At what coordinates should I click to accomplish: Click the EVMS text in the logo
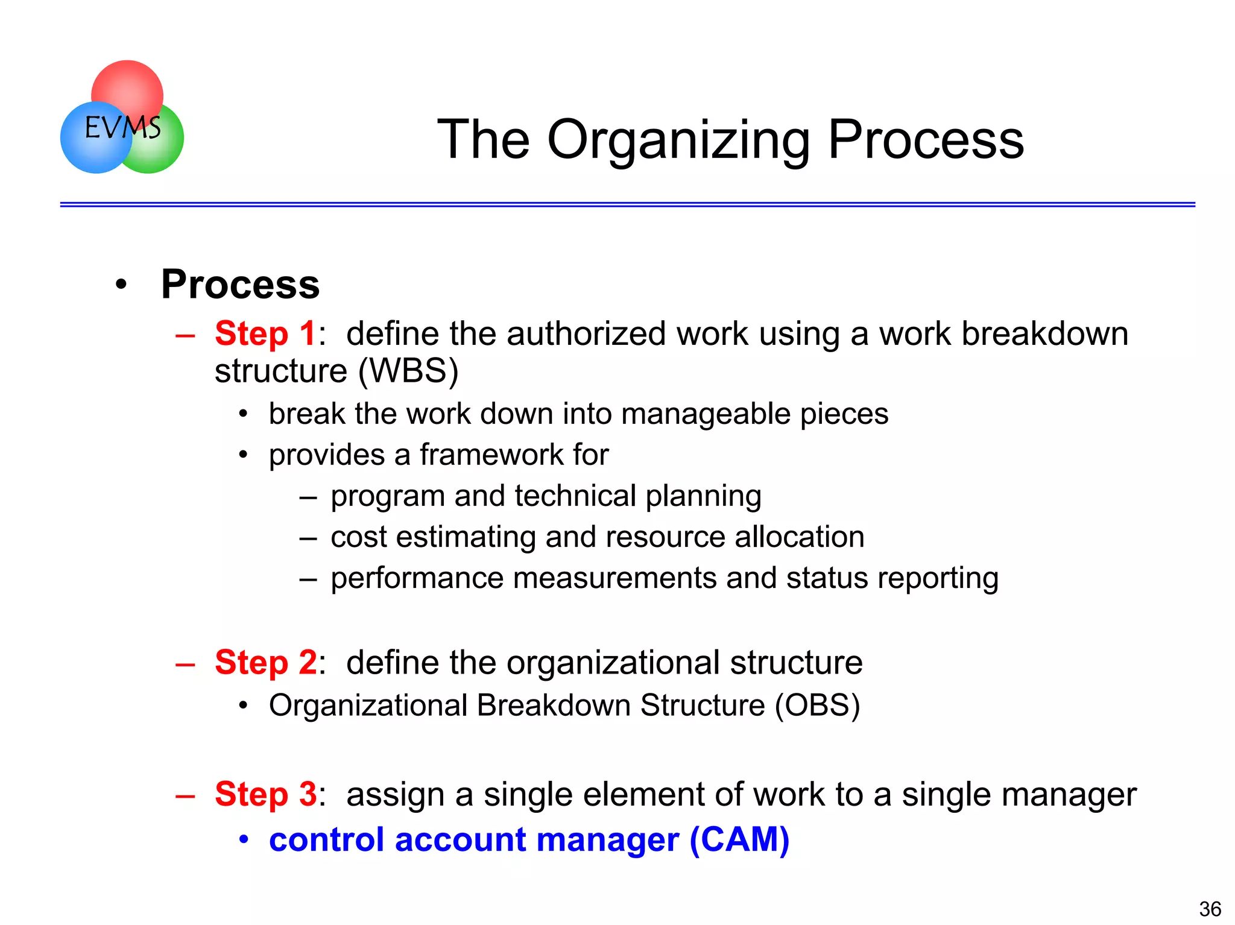pos(122,127)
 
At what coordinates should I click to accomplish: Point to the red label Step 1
pos(265,333)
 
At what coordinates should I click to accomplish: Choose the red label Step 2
pos(265,662)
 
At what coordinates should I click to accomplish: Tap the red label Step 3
pos(265,794)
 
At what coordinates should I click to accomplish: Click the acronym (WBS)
pos(408,371)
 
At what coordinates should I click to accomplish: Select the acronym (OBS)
pos(817,706)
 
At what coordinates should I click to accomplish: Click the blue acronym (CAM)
pos(739,839)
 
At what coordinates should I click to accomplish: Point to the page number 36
pos(1210,908)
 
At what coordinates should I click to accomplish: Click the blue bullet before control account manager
pos(243,839)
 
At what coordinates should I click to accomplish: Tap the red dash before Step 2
pos(185,664)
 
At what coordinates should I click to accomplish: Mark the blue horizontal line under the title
pos(627,204)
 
